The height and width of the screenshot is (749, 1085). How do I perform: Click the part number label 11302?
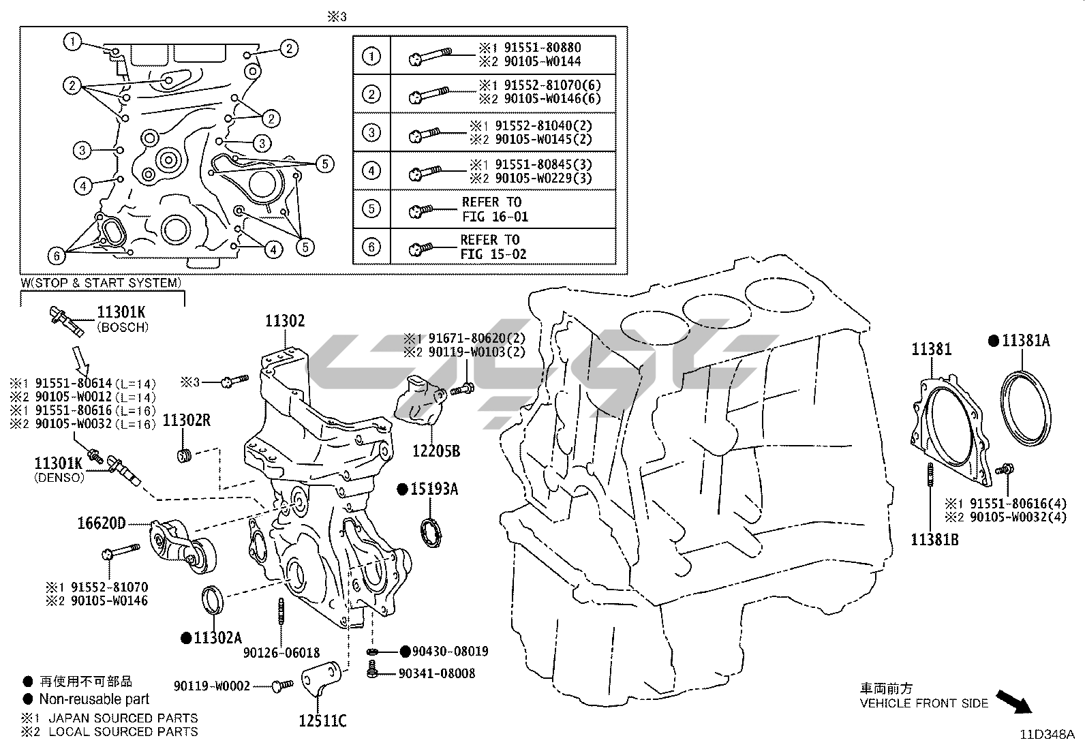tap(285, 321)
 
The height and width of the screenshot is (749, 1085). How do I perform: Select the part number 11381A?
tap(1026, 341)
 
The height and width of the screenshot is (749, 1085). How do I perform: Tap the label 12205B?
tap(436, 450)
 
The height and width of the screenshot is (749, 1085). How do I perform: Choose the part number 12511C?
tap(322, 720)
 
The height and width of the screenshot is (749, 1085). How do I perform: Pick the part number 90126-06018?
tap(281, 653)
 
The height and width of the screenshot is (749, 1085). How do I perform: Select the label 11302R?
tap(186, 421)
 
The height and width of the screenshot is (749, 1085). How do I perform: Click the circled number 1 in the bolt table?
tap(371, 55)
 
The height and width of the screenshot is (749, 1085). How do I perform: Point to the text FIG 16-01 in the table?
tap(495, 217)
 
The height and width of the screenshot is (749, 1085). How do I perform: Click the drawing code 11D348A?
tap(1047, 735)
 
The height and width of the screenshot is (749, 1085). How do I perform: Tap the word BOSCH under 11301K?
tap(123, 327)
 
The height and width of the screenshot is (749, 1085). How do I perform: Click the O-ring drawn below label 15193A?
tap(429, 532)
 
